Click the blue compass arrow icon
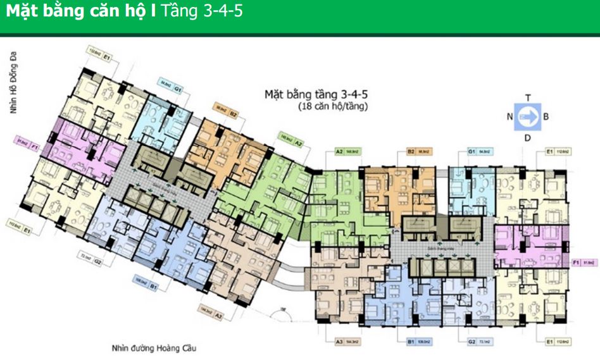click(527, 116)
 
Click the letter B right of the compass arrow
click(546, 116)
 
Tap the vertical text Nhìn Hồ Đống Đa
click(11, 83)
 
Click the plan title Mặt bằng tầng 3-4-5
click(315, 94)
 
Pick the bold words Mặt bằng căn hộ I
click(81, 12)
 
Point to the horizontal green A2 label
click(347, 152)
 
